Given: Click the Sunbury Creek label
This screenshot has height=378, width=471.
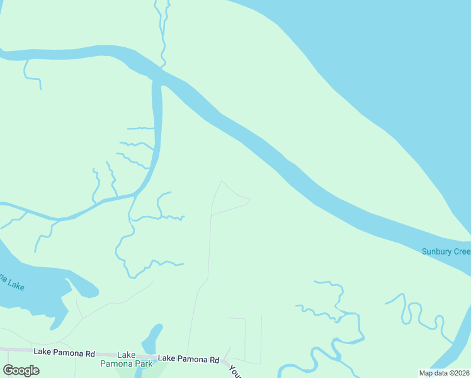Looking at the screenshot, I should (x=445, y=252).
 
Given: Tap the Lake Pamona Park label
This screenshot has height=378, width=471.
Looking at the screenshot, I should (x=126, y=359).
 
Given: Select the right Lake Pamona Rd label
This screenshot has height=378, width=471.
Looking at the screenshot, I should (x=188, y=358).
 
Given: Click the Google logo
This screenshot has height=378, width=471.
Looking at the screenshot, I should (x=21, y=370).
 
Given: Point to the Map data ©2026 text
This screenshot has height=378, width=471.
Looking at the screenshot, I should (x=444, y=373).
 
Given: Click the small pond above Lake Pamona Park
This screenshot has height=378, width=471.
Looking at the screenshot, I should (x=151, y=339).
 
